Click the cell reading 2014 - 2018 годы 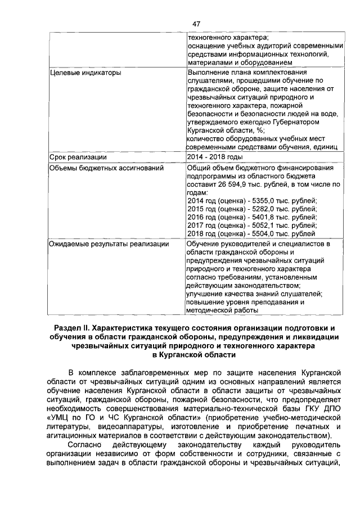click(215, 157)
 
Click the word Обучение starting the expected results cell click(205, 244)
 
